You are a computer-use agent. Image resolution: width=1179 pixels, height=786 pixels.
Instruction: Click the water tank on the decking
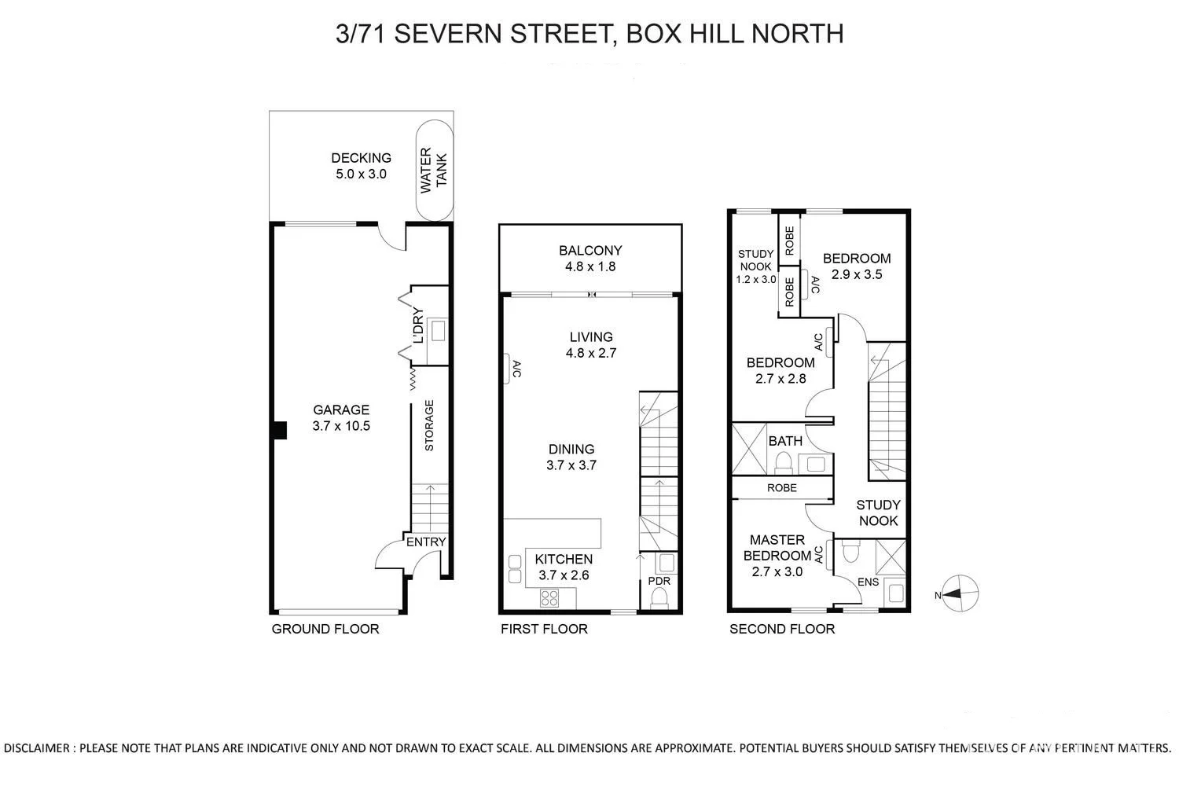434,171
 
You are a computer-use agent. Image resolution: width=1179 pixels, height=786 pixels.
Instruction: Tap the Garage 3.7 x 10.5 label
340,418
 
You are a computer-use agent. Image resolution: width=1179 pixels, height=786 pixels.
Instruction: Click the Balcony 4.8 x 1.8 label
590,258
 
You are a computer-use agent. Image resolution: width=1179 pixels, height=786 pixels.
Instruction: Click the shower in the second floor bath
749,449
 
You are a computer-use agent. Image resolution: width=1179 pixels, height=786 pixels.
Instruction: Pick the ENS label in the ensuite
868,582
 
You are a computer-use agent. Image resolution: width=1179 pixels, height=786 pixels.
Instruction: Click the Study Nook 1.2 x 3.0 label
755,266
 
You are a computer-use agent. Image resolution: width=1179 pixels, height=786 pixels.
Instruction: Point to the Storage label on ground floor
429,425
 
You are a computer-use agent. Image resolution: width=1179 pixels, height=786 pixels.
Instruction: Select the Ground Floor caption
325,629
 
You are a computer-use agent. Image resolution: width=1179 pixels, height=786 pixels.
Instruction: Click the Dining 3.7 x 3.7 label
571,457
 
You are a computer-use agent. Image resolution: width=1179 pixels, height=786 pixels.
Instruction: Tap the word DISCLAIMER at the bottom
38,747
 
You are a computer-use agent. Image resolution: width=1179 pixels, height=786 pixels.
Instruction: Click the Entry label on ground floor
426,542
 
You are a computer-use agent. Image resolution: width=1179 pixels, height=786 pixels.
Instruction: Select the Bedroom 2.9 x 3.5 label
856,266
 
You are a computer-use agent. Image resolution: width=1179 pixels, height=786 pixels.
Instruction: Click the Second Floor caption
782,629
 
